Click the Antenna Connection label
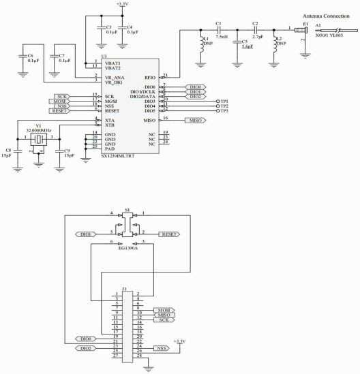tap(326, 14)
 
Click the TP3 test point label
tap(224, 111)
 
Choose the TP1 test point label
tap(224, 100)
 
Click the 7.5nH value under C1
tap(220, 37)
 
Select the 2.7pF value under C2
tap(256, 37)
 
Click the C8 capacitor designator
tap(8, 149)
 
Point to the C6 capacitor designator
tap(23, 54)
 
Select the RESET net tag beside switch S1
tap(168, 234)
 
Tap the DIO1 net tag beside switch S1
tap(85, 234)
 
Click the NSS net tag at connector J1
tap(161, 348)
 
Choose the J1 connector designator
tap(124, 287)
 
